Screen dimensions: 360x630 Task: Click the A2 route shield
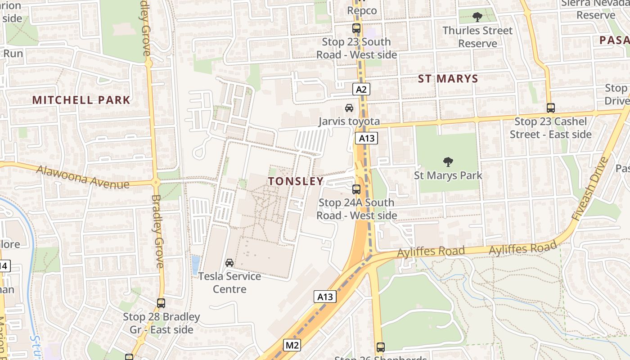pos(361,89)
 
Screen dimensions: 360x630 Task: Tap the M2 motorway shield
pos(292,345)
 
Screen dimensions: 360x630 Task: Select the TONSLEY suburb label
pos(296,181)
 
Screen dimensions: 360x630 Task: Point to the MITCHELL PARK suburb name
pos(81,100)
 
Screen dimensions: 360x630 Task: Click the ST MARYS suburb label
pos(448,79)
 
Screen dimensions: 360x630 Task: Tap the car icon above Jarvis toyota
pos(349,108)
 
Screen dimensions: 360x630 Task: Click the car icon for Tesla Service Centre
pos(229,262)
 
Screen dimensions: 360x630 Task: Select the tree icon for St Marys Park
pos(448,162)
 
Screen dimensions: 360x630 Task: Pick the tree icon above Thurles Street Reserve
pos(477,17)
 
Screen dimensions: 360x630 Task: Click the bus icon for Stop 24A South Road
pos(356,189)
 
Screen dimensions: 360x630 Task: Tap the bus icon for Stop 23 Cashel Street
pos(551,108)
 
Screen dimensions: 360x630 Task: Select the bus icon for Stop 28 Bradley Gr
pos(161,303)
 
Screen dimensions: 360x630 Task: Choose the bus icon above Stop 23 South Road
pos(356,28)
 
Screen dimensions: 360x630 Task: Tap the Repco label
pos(362,10)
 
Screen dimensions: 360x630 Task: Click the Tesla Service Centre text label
pos(229,283)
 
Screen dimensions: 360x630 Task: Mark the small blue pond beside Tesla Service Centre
pos(195,265)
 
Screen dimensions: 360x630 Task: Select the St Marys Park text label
pos(448,175)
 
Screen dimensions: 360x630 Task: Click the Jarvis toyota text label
pos(349,121)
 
